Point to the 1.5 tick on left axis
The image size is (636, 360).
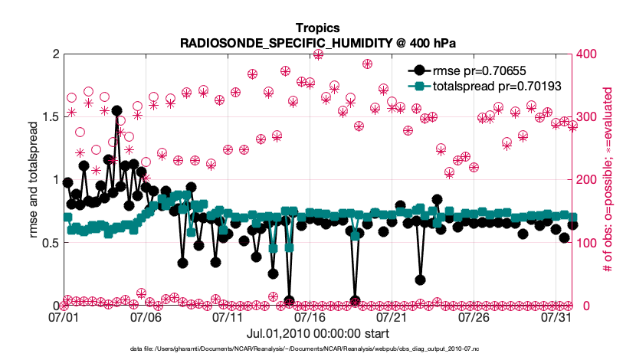[50, 117]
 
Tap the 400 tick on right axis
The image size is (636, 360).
[586, 54]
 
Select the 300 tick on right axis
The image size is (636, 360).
[586, 117]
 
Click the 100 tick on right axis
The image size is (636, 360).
[586, 243]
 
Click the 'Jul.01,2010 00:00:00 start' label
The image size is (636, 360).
[318, 334]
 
